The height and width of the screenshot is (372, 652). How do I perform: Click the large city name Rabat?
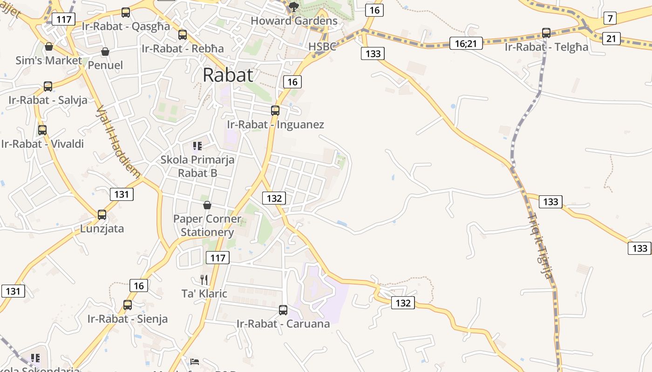coord(228,75)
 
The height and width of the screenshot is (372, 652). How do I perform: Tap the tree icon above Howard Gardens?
coord(293,7)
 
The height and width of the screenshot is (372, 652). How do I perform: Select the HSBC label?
coord(322,46)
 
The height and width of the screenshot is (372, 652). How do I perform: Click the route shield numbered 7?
coord(610,18)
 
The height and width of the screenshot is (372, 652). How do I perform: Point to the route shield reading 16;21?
coord(466,43)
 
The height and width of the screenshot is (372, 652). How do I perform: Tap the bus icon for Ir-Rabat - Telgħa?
coord(546,33)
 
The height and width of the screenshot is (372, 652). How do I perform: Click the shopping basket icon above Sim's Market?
coord(49,46)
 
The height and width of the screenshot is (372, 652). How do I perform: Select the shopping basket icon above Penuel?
coord(105,52)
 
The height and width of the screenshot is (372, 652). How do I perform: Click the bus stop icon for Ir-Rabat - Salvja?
coord(48,86)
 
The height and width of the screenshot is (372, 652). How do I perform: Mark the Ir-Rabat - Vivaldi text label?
coord(42,144)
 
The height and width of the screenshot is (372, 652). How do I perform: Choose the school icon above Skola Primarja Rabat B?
coord(197,146)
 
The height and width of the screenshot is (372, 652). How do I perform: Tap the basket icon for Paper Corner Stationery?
coord(207,205)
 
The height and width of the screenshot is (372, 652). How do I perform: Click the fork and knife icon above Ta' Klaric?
coord(204,279)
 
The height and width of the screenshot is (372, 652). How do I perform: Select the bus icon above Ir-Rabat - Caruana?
coord(283,310)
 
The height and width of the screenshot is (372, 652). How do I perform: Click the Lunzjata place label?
coord(102,229)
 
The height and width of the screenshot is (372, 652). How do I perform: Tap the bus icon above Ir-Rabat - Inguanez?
coord(275,111)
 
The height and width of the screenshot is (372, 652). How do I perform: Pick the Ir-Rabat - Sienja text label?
coord(128,319)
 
